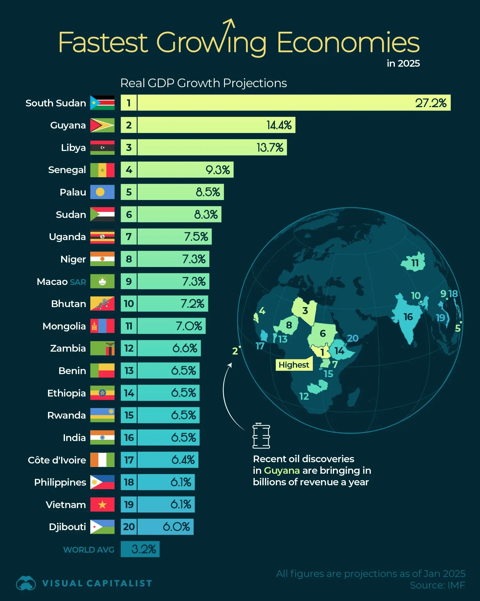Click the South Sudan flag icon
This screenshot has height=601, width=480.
[102, 103]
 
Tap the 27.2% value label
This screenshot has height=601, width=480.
[430, 103]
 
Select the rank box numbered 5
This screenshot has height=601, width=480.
[129, 192]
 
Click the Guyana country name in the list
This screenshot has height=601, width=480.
[68, 125]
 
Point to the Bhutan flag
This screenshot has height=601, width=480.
[102, 304]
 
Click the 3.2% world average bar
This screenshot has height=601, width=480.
[140, 549]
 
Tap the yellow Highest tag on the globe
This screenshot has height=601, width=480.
[294, 365]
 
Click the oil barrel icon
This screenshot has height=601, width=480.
[261, 436]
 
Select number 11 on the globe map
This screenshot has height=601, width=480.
[415, 263]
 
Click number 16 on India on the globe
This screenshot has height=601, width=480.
[408, 317]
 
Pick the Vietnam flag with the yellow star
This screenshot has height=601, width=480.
[102, 505]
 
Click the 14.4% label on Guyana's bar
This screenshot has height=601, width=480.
[279, 125]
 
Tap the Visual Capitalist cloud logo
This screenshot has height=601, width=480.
[26, 583]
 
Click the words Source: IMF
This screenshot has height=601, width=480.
[437, 585]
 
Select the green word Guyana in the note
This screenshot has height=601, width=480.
[282, 470]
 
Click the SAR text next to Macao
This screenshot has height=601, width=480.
[78, 282]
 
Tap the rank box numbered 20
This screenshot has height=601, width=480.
[129, 527]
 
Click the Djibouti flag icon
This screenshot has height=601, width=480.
[102, 527]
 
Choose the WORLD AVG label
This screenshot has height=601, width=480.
[89, 550]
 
